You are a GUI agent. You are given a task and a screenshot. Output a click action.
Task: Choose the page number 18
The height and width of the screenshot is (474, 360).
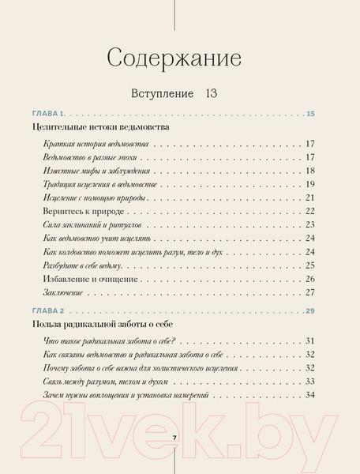tap(310, 171)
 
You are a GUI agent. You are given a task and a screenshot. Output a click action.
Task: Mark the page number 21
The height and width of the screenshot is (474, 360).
tap(310, 197)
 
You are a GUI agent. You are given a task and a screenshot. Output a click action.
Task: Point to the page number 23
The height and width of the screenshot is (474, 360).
tap(310, 225)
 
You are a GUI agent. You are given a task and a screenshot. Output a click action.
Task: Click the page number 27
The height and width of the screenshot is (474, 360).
tap(310, 292)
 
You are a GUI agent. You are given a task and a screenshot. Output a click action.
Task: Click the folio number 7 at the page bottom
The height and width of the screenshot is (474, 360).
tap(174, 438)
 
